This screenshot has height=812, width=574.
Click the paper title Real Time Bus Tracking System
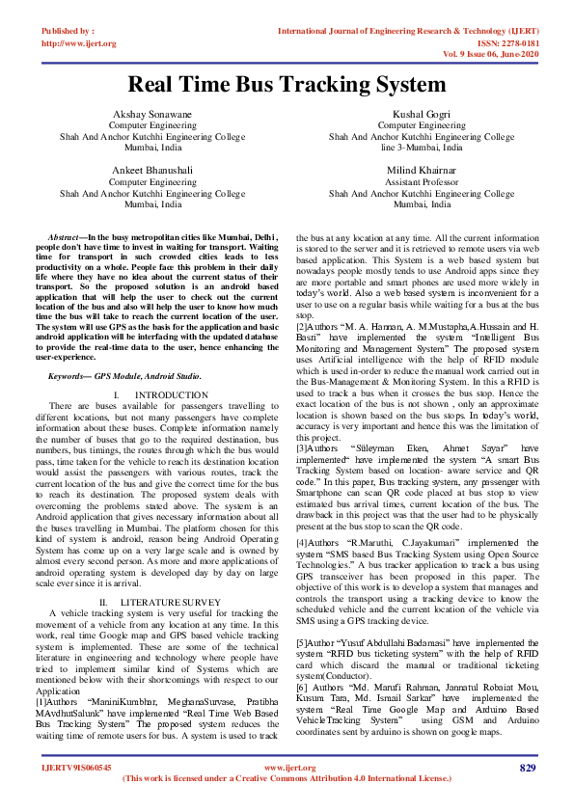click(x=287, y=84)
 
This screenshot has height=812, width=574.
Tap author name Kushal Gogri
click(x=421, y=114)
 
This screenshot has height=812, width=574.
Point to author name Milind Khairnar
click(x=421, y=170)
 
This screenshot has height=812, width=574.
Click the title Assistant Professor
click(x=421, y=181)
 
